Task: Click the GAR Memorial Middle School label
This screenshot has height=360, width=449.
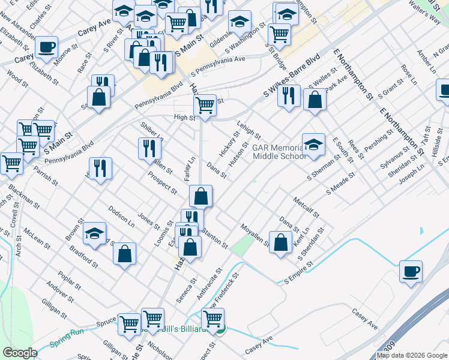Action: tap(280, 152)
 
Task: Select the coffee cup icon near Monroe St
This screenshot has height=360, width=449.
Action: tap(47, 47)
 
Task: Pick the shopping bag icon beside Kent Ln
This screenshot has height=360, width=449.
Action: tap(281, 242)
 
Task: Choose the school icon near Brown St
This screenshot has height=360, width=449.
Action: tap(94, 233)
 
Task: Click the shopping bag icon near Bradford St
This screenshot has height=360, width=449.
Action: tap(124, 253)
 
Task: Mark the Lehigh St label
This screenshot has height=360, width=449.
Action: tap(249, 129)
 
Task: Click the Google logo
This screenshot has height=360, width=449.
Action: tap(20, 353)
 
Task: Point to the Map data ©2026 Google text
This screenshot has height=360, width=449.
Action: tap(412, 355)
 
